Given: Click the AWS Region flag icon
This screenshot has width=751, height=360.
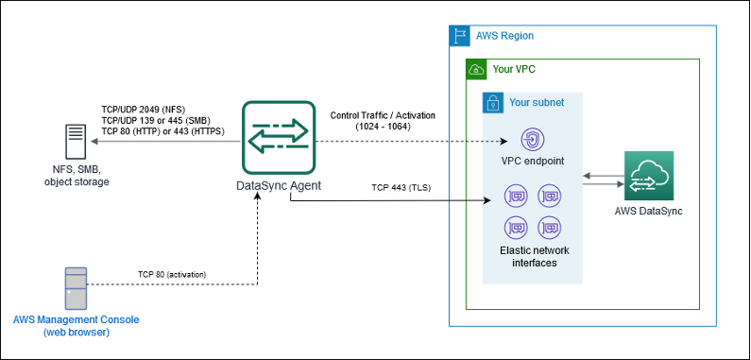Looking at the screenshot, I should (459, 35).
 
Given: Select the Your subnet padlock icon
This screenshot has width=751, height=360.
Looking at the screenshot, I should (493, 102).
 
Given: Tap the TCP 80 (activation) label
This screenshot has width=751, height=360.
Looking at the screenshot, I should (172, 274).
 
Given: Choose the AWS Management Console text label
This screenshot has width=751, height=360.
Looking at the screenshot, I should (75, 326).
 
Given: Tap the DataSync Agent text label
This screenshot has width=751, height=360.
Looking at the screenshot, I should (278, 185).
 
